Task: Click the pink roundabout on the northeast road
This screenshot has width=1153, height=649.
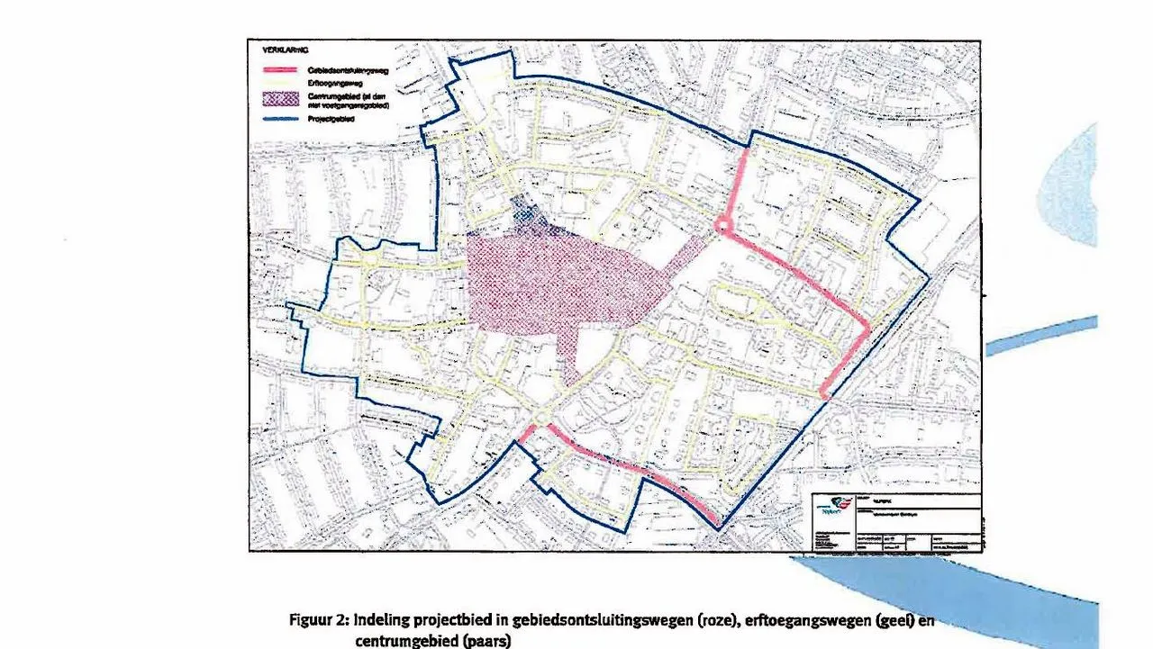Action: click(x=722, y=225)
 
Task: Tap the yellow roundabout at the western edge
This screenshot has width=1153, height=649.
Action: click(x=370, y=260)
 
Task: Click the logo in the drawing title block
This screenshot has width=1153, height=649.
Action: click(x=833, y=508)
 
